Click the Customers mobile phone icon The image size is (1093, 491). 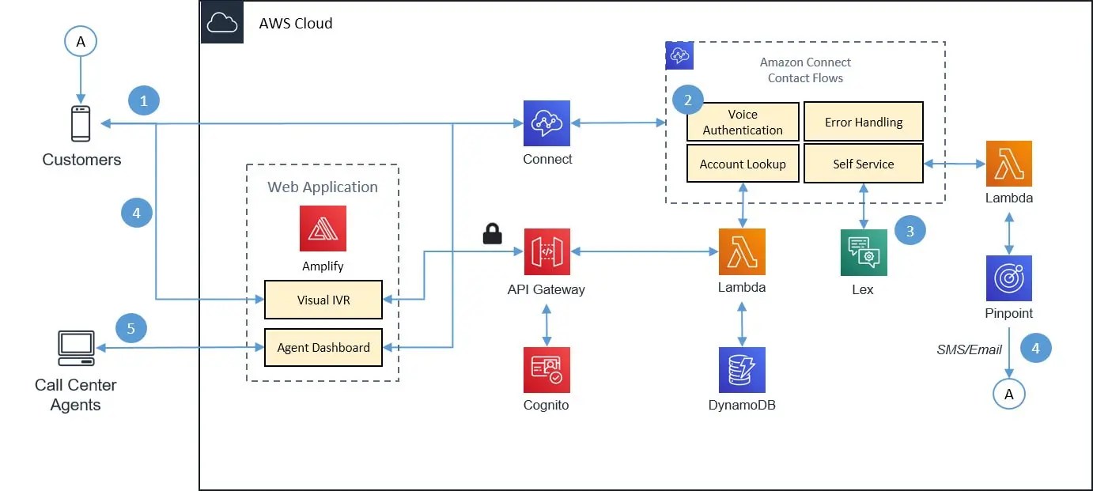(81, 123)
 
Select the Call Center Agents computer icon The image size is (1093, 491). (76, 348)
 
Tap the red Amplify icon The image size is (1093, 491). (323, 229)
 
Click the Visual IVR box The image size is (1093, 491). (323, 300)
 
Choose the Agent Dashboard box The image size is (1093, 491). (323, 347)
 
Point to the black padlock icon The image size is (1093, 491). (493, 233)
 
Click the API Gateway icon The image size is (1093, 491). (546, 252)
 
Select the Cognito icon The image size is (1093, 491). (546, 370)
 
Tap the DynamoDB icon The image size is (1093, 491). (741, 370)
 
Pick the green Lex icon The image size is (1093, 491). (863, 252)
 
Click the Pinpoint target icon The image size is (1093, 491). (1008, 278)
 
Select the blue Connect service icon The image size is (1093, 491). (546, 123)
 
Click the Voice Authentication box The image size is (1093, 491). (743, 122)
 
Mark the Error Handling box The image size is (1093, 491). (864, 122)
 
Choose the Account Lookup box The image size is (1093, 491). (743, 164)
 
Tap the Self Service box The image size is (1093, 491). (864, 164)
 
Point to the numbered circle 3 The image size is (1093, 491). (910, 231)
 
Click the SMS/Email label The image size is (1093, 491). (969, 349)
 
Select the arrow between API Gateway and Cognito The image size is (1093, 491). (546, 324)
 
